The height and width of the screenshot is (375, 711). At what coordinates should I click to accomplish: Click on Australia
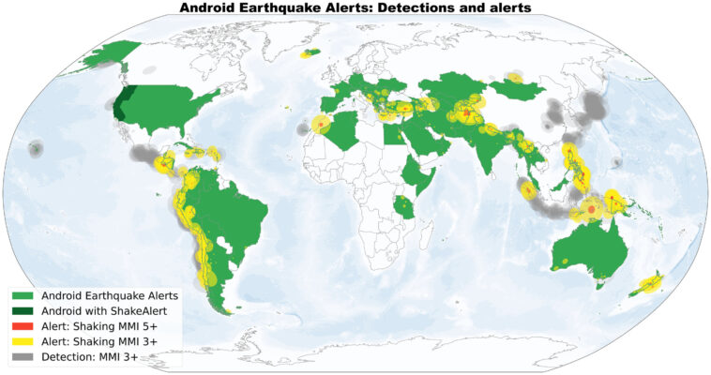(591, 247)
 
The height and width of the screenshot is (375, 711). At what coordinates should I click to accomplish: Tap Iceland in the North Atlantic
(310, 53)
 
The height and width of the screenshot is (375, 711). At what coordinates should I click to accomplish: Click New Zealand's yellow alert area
(650, 284)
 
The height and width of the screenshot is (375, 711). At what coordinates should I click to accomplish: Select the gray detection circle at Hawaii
(36, 147)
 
